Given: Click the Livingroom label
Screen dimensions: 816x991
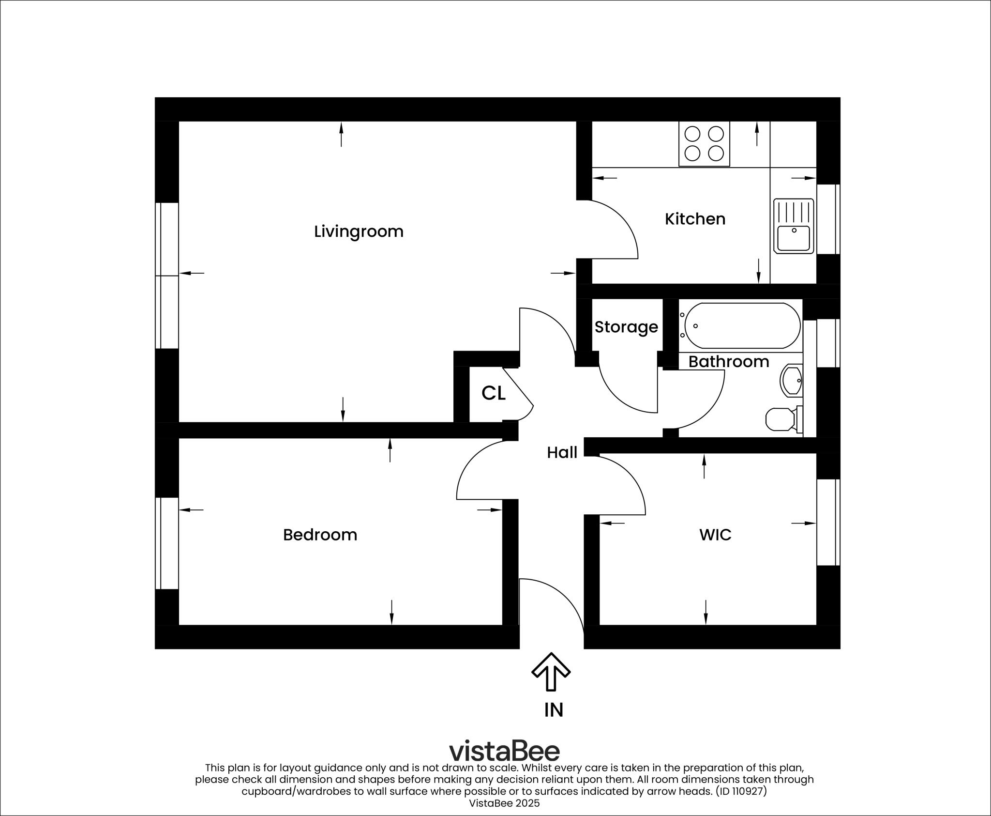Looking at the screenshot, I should point(359,231).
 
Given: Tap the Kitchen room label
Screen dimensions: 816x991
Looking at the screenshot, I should point(695,219).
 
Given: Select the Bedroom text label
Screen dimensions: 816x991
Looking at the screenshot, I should point(320,535).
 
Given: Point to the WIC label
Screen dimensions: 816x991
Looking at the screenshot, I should point(715,535).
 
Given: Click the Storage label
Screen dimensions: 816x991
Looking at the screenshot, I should point(626,327).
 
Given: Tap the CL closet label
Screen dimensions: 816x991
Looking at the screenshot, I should point(493,393).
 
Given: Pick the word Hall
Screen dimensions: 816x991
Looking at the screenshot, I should point(562,453).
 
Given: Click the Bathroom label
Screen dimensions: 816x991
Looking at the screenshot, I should point(729,362).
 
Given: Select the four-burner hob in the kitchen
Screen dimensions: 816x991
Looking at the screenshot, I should point(704,143).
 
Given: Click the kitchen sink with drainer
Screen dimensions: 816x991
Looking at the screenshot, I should point(794,226).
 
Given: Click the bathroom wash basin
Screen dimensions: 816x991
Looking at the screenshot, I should point(792,381).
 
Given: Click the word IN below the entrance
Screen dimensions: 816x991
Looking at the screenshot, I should point(554,710).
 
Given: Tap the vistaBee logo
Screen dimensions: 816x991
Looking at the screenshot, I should point(504,751).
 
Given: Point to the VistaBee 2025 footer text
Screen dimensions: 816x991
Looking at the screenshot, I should point(504,803).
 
